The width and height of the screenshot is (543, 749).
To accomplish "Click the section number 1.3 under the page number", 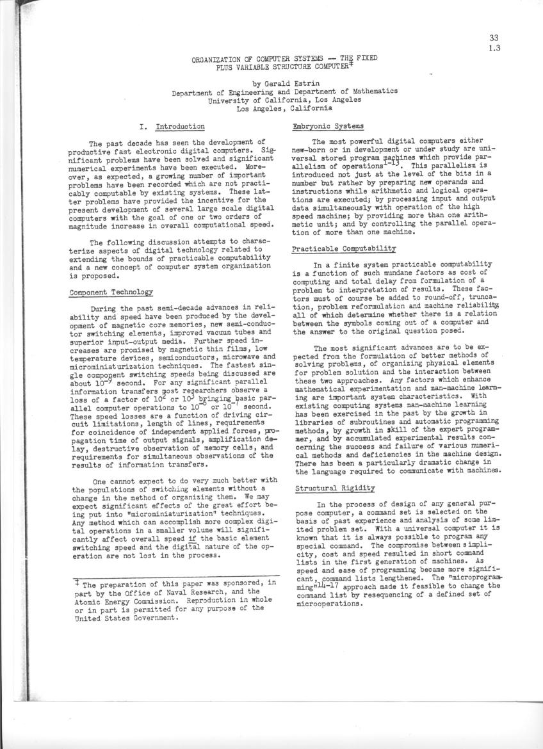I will pos(494,47).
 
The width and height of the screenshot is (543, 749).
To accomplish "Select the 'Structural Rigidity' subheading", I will pos(326,488).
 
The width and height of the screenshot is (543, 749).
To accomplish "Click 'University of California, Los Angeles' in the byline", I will pos(284,100).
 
